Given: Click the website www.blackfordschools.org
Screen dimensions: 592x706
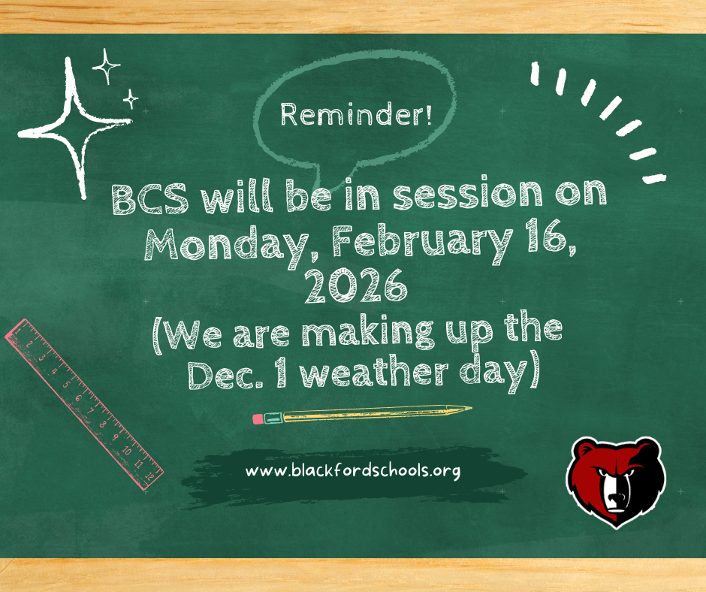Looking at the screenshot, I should (x=352, y=472).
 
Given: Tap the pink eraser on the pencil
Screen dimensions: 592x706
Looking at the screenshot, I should (x=258, y=418).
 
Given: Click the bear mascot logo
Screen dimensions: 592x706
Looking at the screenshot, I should (x=614, y=482).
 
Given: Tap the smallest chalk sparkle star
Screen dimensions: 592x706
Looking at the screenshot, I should (x=131, y=98).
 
